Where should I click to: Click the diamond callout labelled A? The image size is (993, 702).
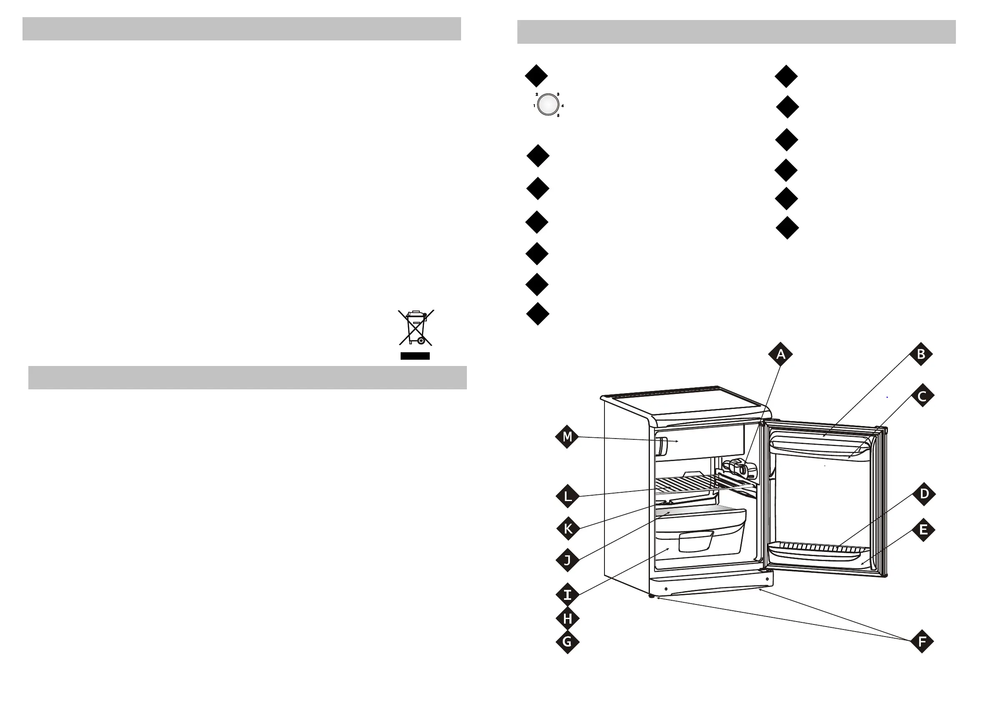click(780, 354)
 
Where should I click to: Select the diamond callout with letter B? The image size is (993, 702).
click(921, 354)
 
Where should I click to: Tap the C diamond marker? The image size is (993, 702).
click(922, 396)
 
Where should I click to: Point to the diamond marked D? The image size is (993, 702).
click(924, 494)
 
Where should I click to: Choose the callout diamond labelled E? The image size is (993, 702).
click(923, 530)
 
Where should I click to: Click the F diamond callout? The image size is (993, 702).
click(922, 642)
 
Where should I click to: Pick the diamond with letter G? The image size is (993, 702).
click(567, 642)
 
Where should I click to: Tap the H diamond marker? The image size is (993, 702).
click(567, 619)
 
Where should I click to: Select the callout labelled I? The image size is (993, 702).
click(567, 595)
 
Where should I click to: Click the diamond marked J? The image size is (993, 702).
click(567, 561)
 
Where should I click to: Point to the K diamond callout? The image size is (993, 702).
click(568, 528)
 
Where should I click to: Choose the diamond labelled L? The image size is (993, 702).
click(567, 496)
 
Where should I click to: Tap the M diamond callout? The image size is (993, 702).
click(567, 437)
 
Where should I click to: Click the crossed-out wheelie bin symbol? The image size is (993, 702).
click(416, 327)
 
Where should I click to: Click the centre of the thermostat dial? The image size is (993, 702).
click(548, 105)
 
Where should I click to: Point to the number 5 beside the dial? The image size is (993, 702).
click(558, 116)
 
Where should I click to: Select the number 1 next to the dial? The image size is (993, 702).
click(534, 105)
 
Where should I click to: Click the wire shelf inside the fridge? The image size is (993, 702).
click(701, 484)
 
